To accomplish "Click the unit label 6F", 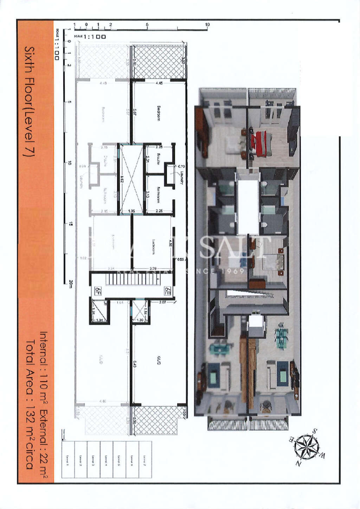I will pos(98,291).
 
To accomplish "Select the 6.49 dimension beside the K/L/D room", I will pos(135,366).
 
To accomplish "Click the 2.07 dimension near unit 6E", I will pos(162,302).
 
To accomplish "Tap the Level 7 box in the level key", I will pos(144,459).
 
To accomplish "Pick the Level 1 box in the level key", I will pos(68,459).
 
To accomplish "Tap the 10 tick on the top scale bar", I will pos(207,25).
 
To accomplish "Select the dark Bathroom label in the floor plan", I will pos(158,194).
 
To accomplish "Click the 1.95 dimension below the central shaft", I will pos(131,211).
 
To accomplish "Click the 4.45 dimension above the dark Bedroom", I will pos(159,83).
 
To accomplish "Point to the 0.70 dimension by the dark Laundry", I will pos(181,166).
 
